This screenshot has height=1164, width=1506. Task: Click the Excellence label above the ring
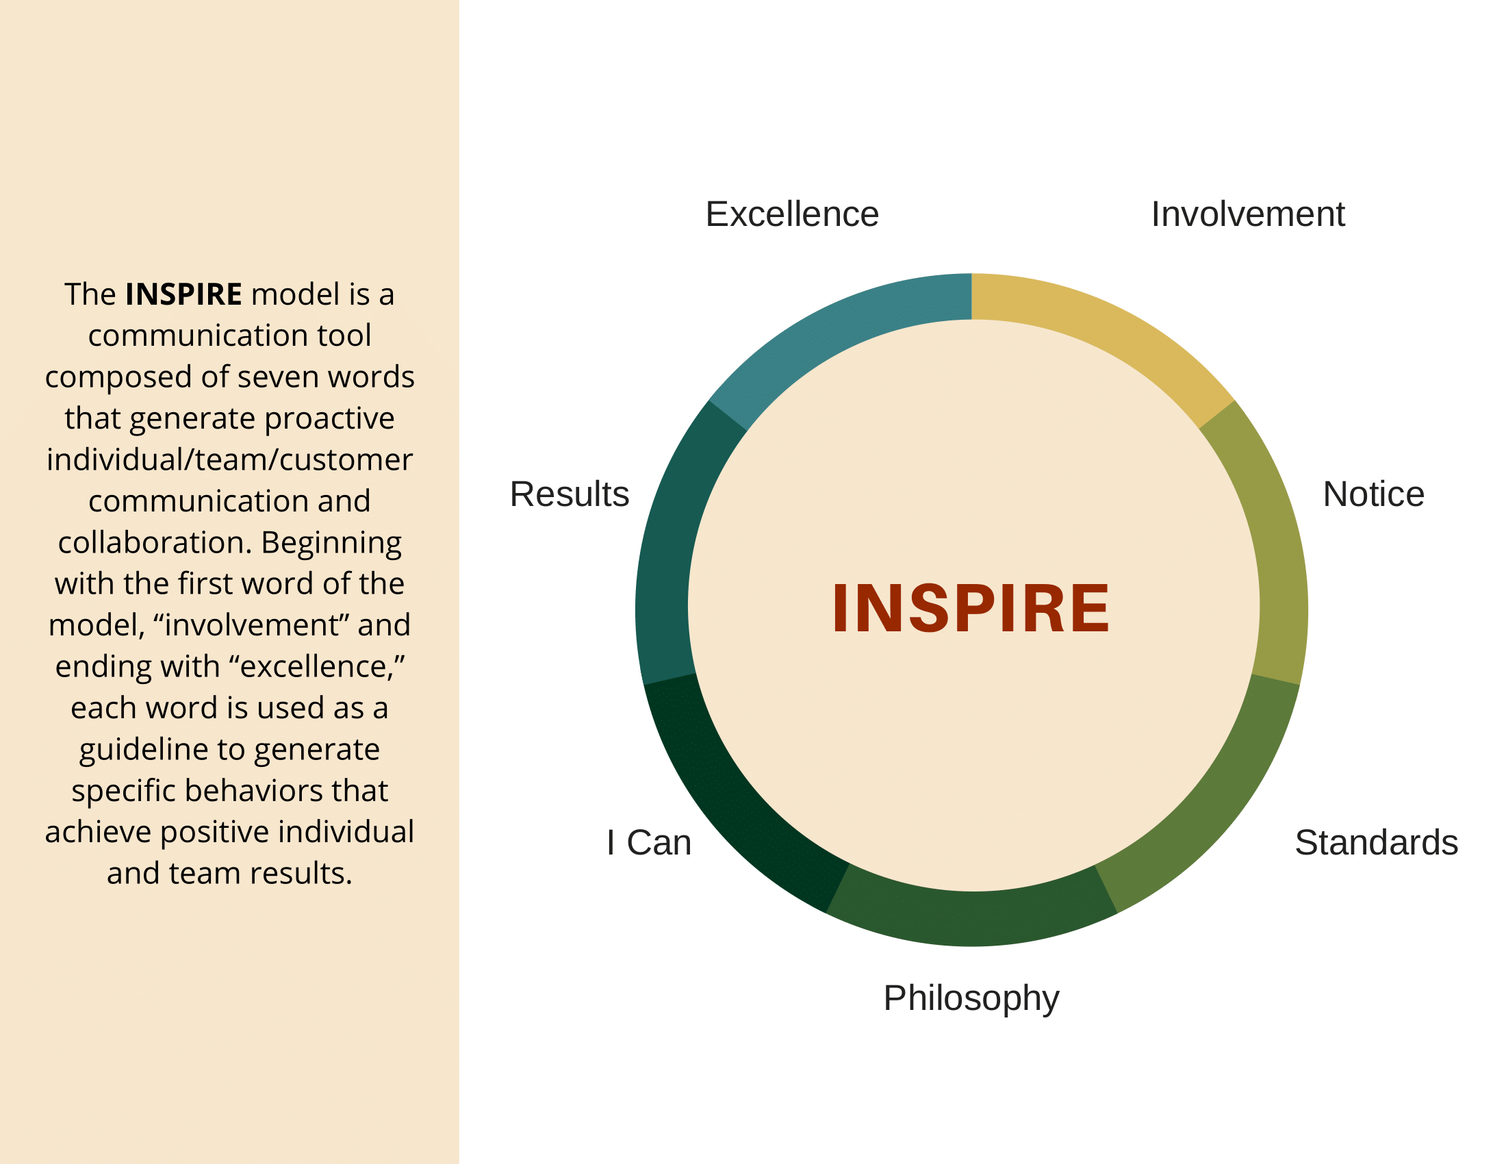[791, 214]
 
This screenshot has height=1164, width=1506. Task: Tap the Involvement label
[1247, 214]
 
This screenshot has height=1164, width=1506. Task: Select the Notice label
[1373, 494]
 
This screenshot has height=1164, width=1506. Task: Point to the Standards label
[1376, 843]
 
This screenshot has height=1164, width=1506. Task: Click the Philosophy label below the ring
[971, 998]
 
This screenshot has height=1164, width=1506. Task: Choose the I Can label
[649, 843]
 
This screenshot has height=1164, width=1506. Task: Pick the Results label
[570, 494]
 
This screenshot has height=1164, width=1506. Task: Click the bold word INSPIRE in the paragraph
[183, 294]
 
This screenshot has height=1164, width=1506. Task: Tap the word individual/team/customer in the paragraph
[229, 460]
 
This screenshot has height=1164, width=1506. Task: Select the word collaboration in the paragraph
[149, 543]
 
